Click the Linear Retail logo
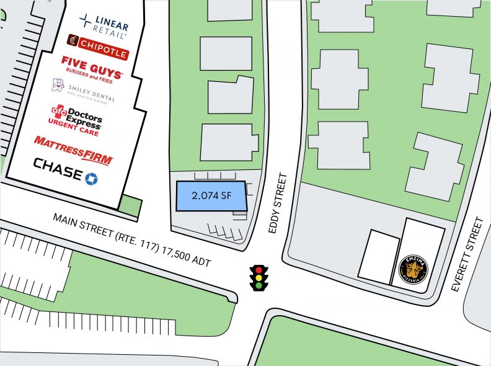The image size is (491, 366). (104, 22)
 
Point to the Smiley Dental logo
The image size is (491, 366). (84, 92)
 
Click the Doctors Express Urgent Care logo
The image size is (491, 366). (76, 118)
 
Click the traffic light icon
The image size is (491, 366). (259, 277)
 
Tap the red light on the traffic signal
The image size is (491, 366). (259, 269)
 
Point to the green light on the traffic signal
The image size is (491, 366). (259, 285)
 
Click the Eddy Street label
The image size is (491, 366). (278, 203)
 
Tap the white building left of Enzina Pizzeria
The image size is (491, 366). (378, 256)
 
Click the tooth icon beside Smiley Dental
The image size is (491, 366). (58, 86)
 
